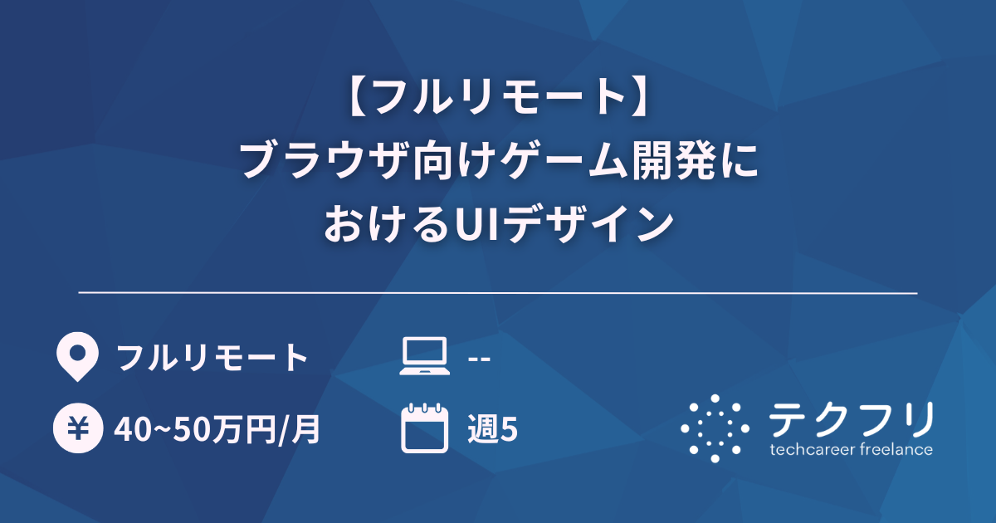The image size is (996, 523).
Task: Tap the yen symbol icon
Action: click(77, 429)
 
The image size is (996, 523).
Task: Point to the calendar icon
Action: click(423, 429)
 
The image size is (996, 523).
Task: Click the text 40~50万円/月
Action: click(218, 429)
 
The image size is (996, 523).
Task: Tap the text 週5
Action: click(492, 429)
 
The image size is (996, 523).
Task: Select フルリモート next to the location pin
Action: click(212, 358)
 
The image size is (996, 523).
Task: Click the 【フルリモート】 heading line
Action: click(498, 99)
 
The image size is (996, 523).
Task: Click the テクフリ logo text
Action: click(851, 419)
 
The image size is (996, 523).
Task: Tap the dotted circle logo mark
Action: click(715, 428)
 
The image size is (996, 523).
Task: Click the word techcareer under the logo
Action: click(814, 450)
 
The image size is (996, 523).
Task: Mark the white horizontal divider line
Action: click(498, 293)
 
